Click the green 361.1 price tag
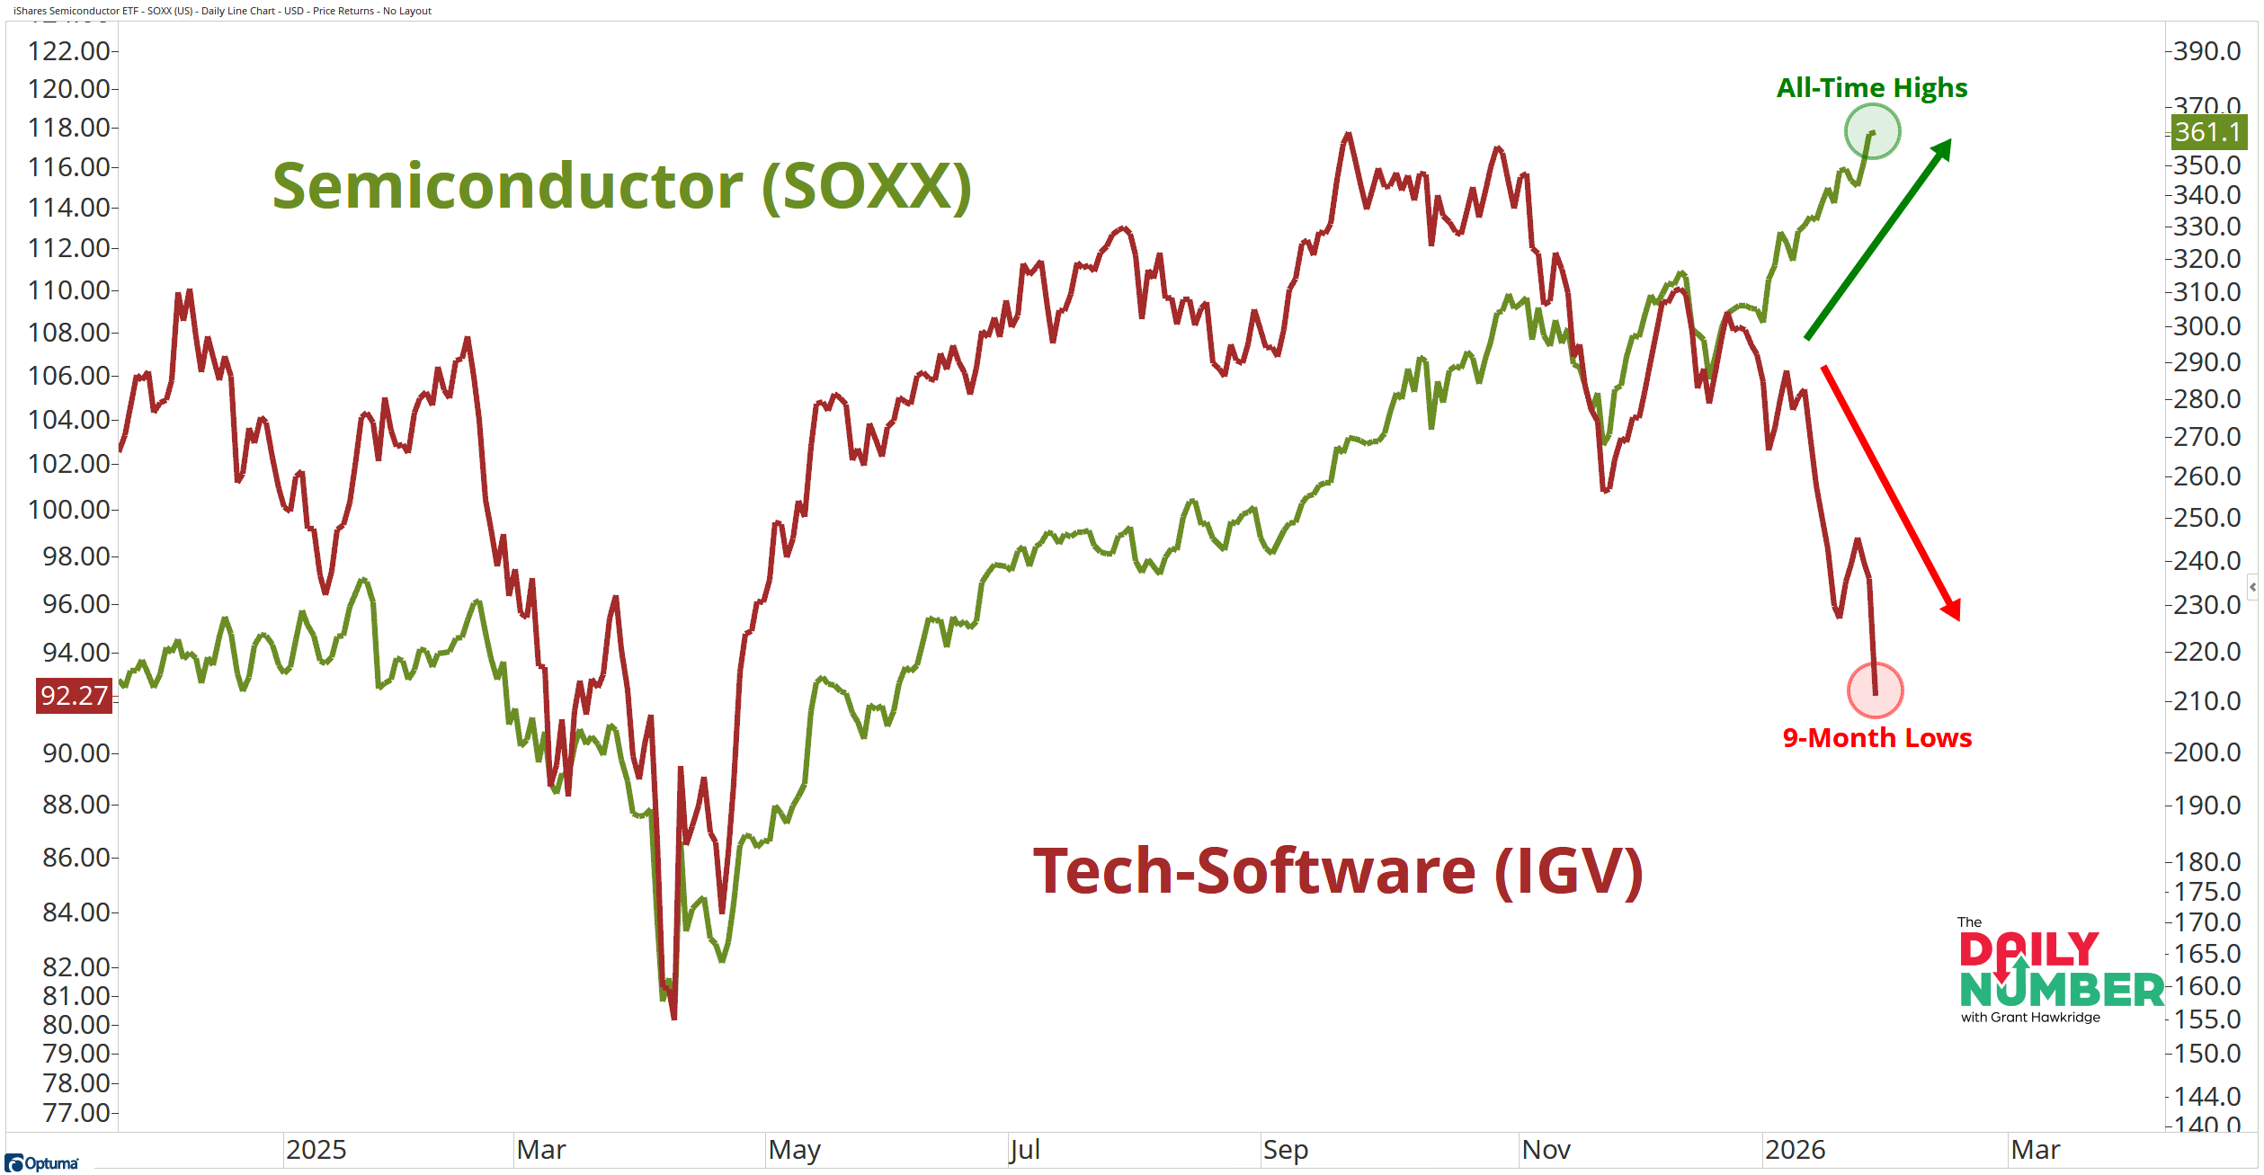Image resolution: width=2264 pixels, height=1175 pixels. pos(2207,132)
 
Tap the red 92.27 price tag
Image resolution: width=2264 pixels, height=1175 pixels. pos(74,696)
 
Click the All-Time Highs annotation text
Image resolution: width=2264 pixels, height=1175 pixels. pos(1872,88)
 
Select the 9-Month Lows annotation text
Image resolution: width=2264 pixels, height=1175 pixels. pos(1876,738)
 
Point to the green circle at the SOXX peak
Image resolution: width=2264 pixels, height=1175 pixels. pos(1872,131)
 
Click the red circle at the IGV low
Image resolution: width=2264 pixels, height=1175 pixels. pos(1875,690)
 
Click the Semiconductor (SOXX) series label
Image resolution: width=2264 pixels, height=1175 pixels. pos(621,186)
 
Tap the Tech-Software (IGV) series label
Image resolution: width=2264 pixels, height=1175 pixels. pos(1338,871)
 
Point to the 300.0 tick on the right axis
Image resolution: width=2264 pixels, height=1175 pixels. pos(2206,326)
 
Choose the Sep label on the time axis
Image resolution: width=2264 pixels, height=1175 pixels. pos(1285,1150)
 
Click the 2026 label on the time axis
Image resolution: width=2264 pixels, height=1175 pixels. pos(1795,1150)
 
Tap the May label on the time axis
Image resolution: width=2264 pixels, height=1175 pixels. pos(794,1150)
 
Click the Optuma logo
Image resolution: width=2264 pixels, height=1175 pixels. pos(42,1163)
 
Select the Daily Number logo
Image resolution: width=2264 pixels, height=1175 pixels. pos(2059,974)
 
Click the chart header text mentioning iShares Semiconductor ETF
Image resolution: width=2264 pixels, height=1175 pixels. pos(222,11)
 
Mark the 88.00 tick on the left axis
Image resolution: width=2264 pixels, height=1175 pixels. pos(76,805)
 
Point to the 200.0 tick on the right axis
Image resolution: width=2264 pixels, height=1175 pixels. pos(2206,752)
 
